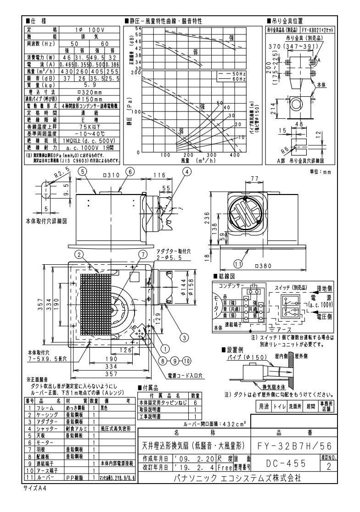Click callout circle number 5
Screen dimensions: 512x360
tap(83, 172)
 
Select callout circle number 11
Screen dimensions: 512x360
tap(237, 263)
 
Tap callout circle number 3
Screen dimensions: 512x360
tap(184, 338)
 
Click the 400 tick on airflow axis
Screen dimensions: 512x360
tap(234, 155)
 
